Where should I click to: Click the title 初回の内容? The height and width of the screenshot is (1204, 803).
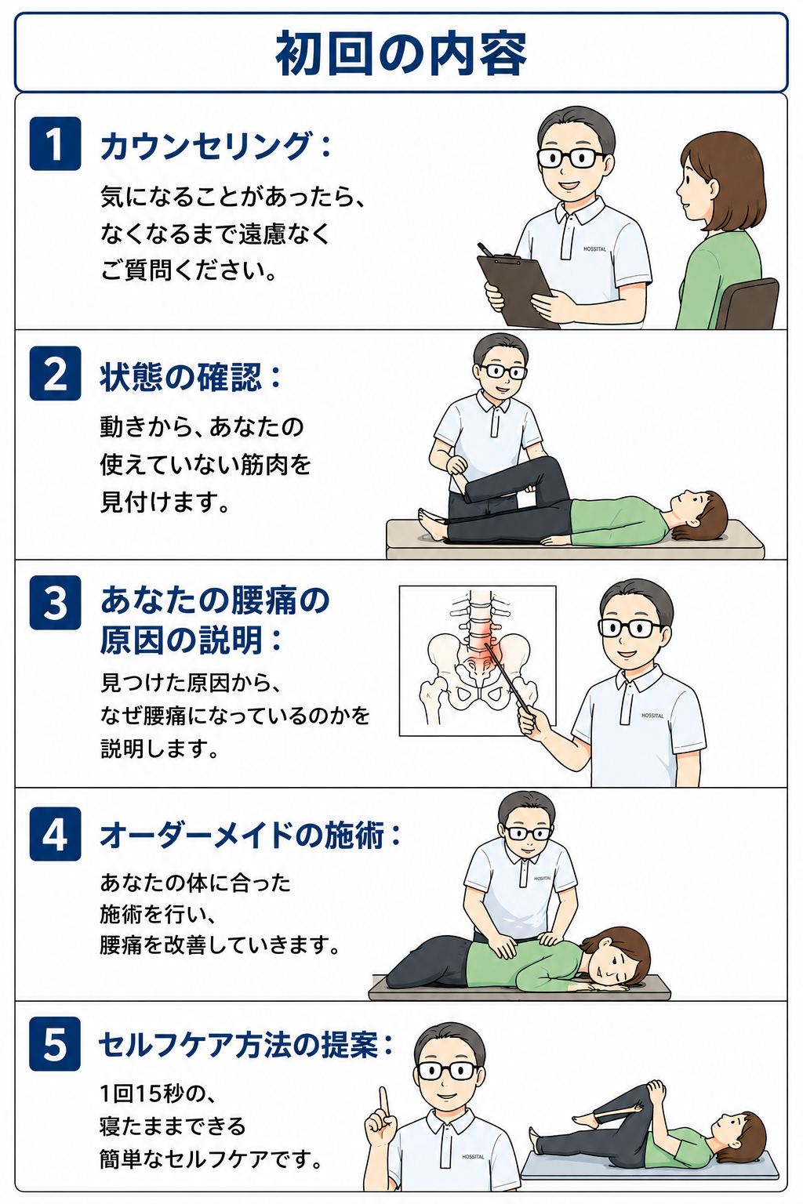coord(401,54)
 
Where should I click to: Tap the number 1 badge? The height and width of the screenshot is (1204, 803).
coord(56,143)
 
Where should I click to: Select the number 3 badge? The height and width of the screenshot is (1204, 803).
coord(56,603)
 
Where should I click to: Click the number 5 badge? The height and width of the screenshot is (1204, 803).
coord(55,1044)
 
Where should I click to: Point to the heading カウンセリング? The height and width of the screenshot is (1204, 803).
coord(206,147)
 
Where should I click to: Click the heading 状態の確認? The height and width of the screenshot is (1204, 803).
coord(182,377)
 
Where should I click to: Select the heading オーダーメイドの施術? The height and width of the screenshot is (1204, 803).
coord(242,836)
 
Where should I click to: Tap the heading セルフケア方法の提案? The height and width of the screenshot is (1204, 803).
coord(238,1046)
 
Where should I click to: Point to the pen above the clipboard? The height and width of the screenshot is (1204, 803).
coord(485,249)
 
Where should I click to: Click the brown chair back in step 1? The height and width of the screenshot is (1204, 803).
coord(748,304)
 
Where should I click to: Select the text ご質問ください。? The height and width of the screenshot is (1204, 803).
coord(188,270)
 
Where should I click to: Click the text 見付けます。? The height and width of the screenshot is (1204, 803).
coord(165,502)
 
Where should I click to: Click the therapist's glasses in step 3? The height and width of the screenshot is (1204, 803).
coord(630,627)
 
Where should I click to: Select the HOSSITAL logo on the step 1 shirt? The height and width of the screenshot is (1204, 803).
coord(594,248)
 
